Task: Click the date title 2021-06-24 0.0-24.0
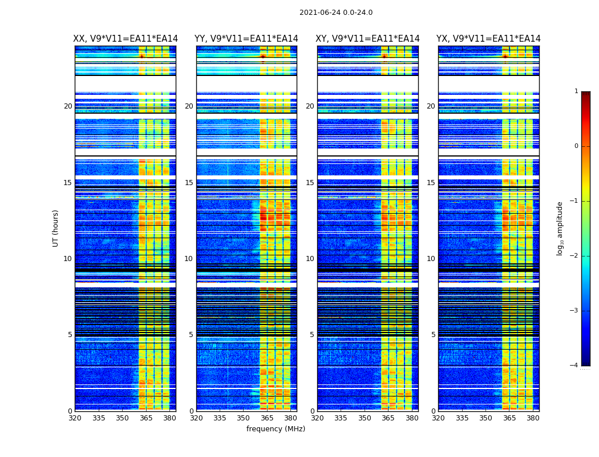point(335,13)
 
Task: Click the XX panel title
point(126,39)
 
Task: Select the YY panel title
point(246,39)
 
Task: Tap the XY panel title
point(367,39)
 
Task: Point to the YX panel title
point(488,39)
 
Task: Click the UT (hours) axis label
point(56,228)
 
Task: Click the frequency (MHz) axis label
point(276,429)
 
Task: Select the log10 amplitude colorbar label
point(560,228)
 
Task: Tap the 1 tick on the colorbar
point(576,91)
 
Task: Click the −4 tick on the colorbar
point(575,366)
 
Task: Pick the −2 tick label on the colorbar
point(575,256)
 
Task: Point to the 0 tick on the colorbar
point(576,146)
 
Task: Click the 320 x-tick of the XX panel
point(75,418)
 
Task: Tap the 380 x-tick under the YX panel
point(533,418)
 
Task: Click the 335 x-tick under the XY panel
point(341,418)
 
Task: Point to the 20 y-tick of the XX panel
point(68,106)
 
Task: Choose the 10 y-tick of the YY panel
point(189,259)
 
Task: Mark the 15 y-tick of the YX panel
point(431,183)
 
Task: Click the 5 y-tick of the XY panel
point(312,335)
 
